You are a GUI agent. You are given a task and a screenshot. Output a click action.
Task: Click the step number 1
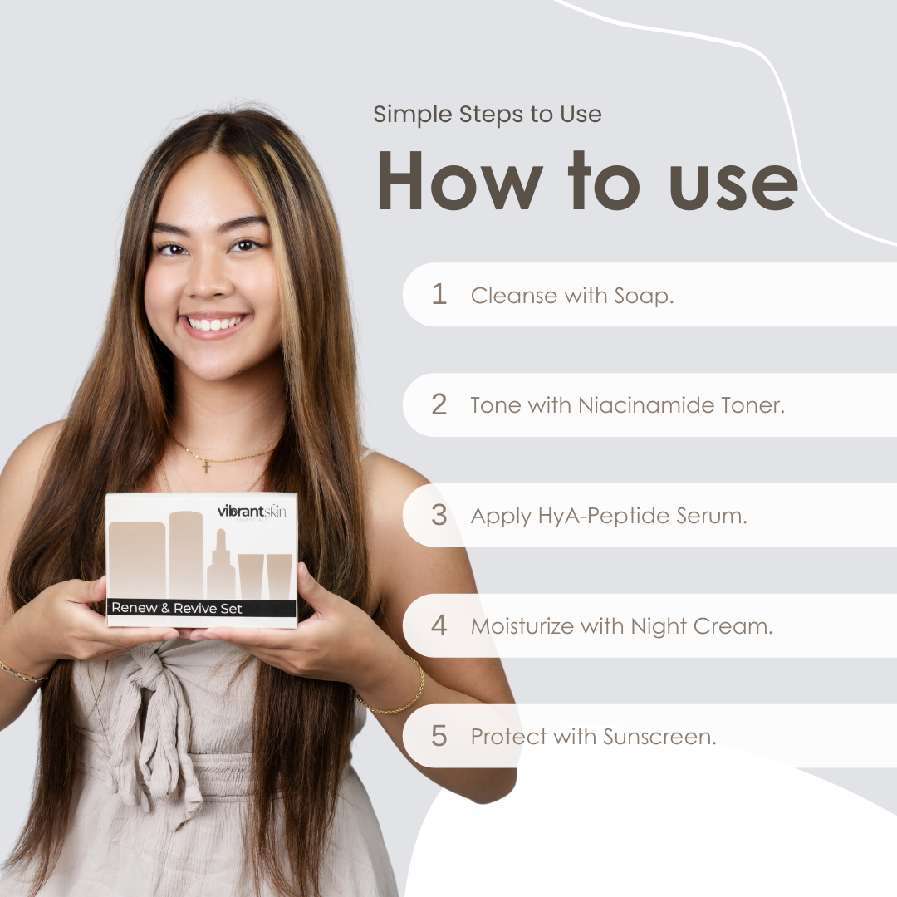point(439,294)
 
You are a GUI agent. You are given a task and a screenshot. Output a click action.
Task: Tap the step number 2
point(439,404)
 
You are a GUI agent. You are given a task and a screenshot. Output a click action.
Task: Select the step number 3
point(439,515)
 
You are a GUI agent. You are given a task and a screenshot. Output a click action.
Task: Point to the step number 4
point(439,625)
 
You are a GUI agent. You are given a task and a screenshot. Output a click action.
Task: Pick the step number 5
point(439,736)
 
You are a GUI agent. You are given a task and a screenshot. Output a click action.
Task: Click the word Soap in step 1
point(644,297)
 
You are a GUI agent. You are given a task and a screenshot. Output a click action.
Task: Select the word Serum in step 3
point(712,516)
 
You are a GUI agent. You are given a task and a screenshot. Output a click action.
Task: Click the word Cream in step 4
point(733,626)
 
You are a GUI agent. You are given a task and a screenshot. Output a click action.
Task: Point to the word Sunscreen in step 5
point(659,736)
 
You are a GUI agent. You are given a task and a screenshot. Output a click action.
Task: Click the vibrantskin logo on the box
point(252,512)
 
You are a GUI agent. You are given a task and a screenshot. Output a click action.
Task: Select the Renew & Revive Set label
point(177,608)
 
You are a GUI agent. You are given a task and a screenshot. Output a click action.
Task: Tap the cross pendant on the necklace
point(207,466)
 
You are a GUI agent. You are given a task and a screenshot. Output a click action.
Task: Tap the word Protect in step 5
point(508,736)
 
